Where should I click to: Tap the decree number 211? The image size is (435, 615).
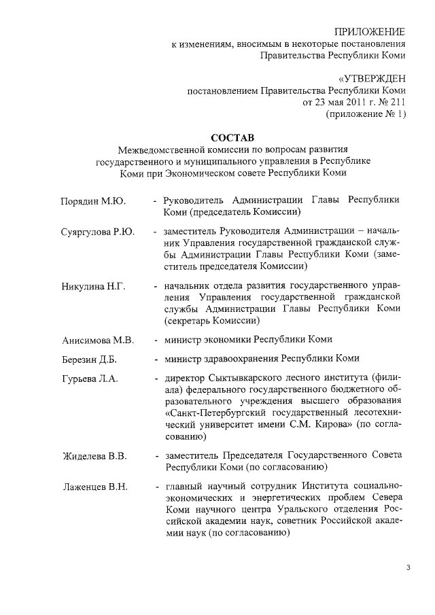pos(396,103)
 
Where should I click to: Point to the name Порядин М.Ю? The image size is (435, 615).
pos(92,201)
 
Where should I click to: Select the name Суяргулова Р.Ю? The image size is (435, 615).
pos(98,232)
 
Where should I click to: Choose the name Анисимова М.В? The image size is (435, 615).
pos(98,339)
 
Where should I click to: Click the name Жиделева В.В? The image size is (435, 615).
pos(94,455)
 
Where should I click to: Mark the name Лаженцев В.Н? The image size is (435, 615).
pos(94,487)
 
